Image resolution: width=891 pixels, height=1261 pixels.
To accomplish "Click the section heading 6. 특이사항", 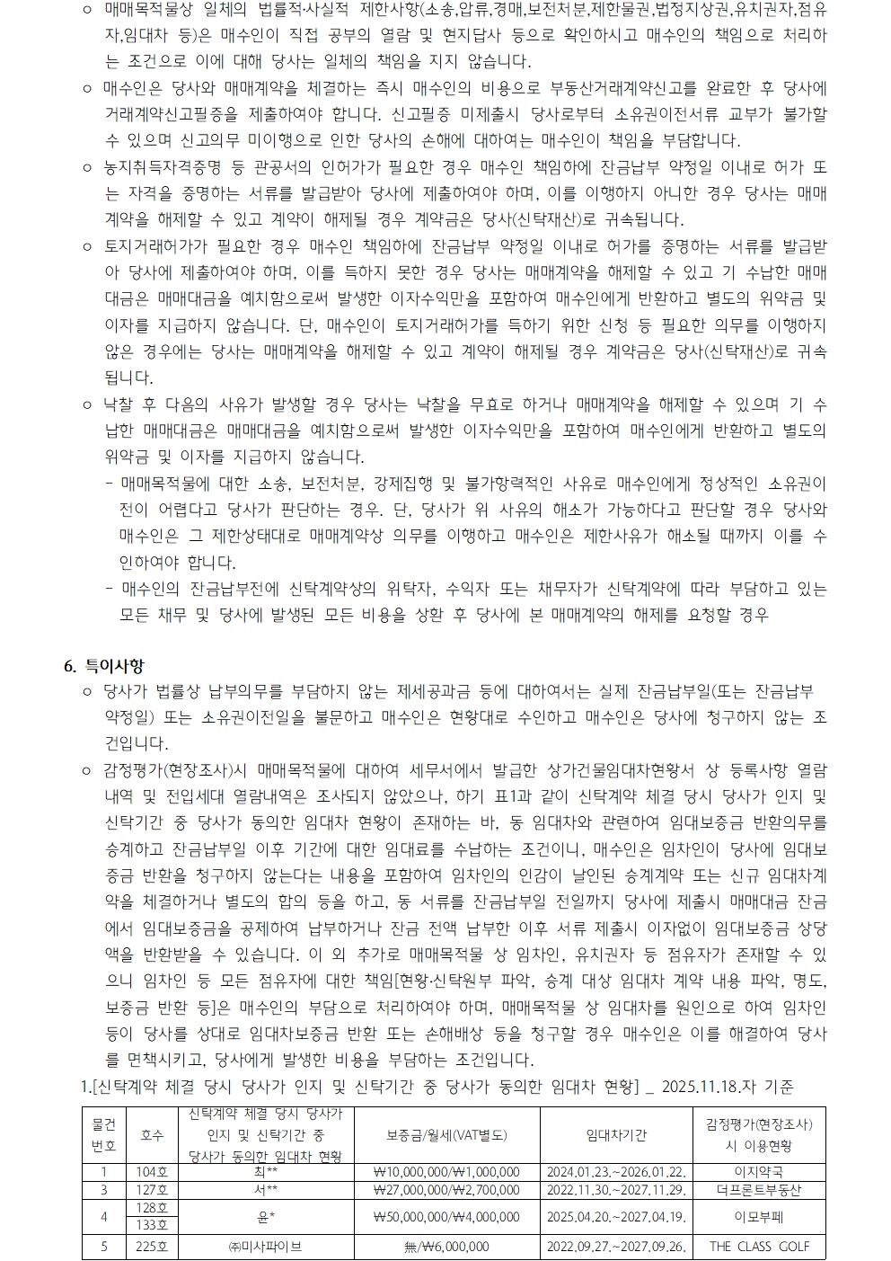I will [103, 666].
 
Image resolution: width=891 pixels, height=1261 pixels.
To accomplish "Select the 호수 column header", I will [153, 1135].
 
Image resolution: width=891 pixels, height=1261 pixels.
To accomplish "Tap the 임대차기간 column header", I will [616, 1135].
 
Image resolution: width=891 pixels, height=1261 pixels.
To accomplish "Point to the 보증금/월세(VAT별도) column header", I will [446, 1135].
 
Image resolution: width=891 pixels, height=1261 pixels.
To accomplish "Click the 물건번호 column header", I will [104, 1135].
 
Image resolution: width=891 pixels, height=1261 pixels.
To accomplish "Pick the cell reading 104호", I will [153, 1172].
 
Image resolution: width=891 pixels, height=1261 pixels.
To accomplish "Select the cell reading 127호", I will [153, 1190].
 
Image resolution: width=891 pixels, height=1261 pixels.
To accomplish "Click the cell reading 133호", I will [153, 1225].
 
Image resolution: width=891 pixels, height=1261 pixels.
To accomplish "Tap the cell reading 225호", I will [153, 1247].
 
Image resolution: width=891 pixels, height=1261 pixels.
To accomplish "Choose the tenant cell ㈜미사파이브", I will [266, 1247].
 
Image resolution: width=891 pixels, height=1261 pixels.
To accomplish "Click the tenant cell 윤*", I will [266, 1217].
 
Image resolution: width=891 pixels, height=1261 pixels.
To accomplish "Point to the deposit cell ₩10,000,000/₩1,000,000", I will [446, 1172].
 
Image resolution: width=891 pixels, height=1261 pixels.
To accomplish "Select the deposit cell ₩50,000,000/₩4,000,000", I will [446, 1217].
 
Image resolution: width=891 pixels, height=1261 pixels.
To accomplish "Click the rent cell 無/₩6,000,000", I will [446, 1247].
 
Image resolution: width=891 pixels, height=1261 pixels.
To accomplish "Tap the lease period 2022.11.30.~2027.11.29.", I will [616, 1190].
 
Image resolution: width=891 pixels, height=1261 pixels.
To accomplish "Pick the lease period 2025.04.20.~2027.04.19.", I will [616, 1217].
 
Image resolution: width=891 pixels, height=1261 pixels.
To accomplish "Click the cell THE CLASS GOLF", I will [759, 1247].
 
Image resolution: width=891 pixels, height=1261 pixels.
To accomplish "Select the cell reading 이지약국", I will [759, 1172].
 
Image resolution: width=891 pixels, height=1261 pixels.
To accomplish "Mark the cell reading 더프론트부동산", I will [759, 1190].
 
